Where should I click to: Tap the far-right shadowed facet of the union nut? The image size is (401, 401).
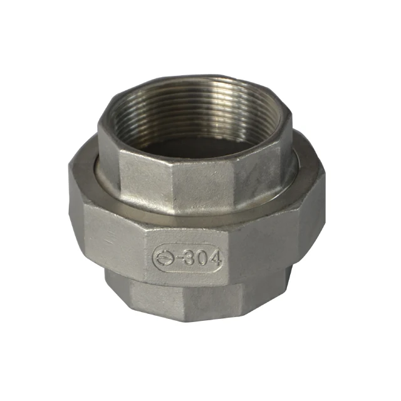pyautogui.click(x=313, y=217)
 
